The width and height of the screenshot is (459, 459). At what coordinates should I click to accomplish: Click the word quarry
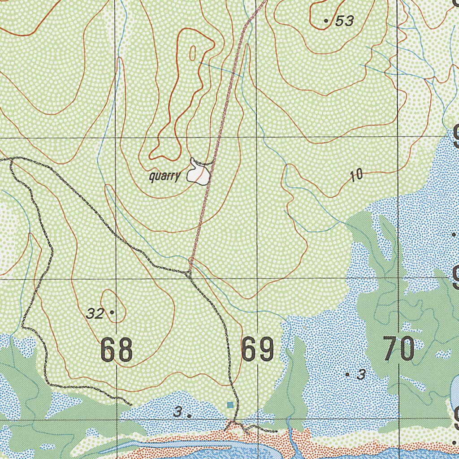[165, 177]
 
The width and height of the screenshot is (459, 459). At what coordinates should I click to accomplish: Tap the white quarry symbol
[198, 172]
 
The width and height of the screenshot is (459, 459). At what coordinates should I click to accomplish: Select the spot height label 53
[344, 21]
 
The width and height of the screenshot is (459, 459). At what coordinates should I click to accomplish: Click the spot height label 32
[95, 314]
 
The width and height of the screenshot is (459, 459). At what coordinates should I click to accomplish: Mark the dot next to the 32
[112, 312]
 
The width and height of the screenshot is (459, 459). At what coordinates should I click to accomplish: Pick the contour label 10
[356, 175]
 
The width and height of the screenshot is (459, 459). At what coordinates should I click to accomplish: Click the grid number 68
[117, 350]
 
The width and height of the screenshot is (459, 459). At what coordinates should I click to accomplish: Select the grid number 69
[257, 350]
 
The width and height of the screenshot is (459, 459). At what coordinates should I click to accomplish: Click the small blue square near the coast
[230, 405]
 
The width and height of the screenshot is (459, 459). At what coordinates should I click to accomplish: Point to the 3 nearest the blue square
[178, 412]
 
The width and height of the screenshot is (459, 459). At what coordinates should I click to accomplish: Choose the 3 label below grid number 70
[361, 375]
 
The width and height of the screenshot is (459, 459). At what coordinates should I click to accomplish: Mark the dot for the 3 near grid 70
[347, 374]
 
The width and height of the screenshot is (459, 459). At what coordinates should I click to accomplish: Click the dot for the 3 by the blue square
[189, 416]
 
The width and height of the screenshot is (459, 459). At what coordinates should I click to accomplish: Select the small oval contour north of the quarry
[193, 53]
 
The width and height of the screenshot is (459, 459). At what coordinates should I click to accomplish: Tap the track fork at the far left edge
[10, 159]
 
